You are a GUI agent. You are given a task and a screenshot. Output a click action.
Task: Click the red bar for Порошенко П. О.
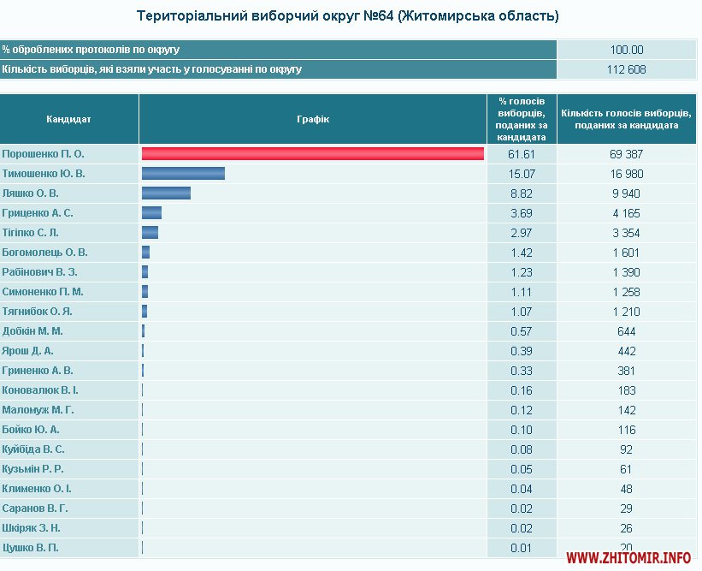313,154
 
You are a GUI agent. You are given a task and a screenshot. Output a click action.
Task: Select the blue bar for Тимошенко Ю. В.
183,174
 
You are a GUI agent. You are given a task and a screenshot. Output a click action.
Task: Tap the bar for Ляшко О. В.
166,193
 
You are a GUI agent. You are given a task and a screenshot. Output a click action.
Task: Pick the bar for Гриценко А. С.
152,213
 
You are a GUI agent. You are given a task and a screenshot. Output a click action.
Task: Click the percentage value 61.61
521,154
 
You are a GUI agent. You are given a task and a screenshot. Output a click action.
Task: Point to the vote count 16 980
627,174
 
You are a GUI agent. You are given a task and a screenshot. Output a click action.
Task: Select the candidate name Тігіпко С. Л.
31,233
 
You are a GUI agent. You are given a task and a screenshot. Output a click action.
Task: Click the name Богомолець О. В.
44,253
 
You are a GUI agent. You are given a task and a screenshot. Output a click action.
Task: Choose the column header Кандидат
68,119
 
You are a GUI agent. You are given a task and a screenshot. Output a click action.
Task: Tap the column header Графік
313,119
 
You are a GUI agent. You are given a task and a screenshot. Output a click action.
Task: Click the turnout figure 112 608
627,69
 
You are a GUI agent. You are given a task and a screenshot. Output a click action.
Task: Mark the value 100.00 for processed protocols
627,50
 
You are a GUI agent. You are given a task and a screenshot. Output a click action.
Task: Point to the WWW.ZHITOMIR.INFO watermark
628,558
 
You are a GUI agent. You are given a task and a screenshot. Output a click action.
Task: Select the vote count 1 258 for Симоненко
627,292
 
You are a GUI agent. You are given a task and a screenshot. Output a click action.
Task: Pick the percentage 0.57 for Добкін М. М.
521,331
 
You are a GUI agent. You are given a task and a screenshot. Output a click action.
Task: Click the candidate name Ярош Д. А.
28,351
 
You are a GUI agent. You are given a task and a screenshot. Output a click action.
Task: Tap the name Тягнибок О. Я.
37,312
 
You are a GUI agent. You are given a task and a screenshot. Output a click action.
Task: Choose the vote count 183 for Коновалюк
627,390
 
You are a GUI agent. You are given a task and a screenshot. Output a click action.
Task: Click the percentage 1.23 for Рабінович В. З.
521,272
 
